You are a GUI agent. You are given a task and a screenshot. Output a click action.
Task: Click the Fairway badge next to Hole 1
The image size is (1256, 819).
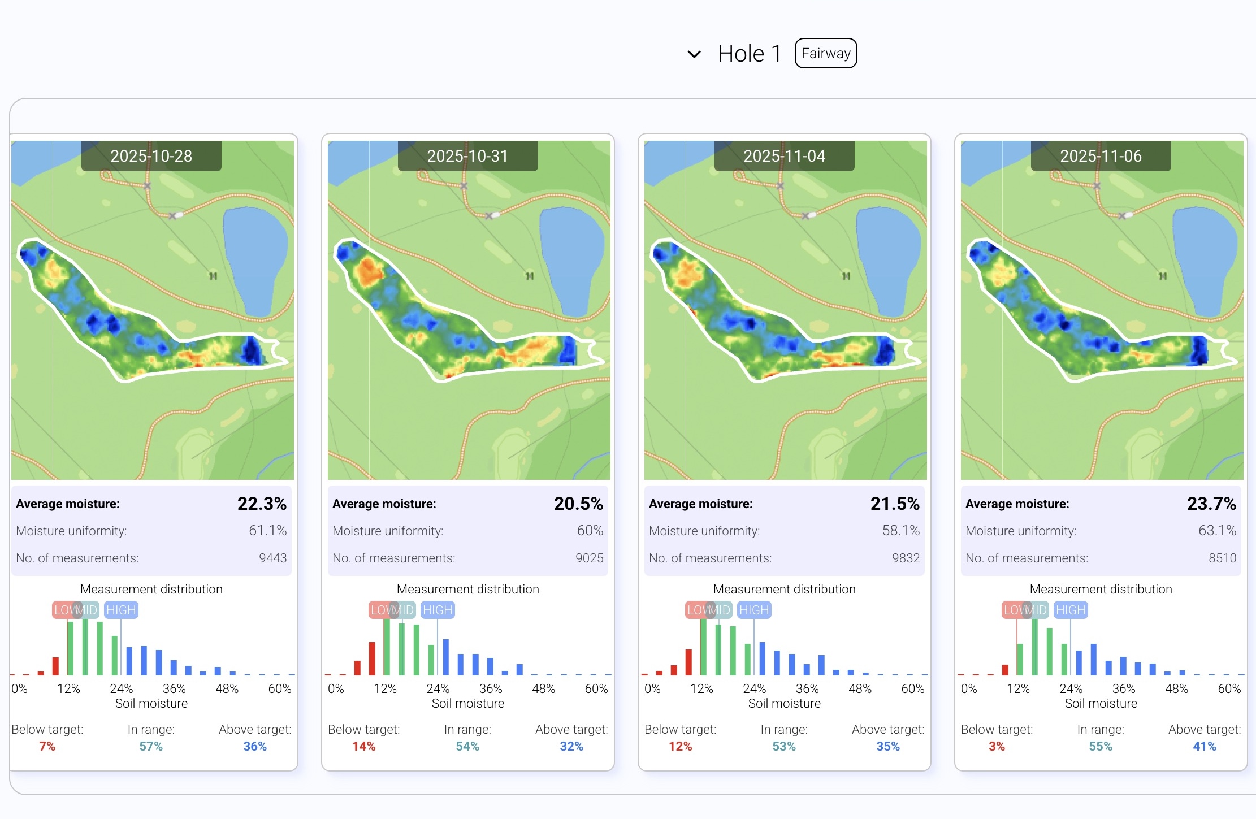[x=826, y=53]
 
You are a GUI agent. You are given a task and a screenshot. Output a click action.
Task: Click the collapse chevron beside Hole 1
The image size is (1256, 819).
[x=694, y=54]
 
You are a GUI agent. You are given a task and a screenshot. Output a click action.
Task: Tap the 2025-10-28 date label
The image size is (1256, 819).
[x=151, y=156]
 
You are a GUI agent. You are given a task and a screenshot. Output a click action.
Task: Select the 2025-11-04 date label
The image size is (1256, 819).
[x=785, y=156]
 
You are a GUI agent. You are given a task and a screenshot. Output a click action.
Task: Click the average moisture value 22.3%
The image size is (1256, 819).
[x=262, y=504]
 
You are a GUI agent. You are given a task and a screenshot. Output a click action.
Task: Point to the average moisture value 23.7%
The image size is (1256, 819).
[x=1211, y=504]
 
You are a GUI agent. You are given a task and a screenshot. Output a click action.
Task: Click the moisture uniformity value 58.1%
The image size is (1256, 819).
[x=901, y=531]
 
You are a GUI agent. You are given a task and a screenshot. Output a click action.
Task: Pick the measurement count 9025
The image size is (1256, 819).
[x=590, y=558]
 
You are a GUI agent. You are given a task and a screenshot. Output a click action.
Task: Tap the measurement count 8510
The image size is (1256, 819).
[x=1223, y=558]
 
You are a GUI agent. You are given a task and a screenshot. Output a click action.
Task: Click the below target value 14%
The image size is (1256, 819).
[x=364, y=747]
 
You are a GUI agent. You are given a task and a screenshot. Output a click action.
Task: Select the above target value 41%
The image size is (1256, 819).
[x=1205, y=747]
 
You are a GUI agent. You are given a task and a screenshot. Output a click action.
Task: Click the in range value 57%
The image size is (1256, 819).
[x=151, y=747]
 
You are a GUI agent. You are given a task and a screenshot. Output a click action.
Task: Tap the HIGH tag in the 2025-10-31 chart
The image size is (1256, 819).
[x=438, y=610]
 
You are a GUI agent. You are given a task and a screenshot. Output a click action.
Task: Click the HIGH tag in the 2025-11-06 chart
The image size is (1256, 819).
[x=1071, y=610]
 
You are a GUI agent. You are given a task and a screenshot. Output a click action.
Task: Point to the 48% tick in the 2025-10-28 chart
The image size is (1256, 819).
[x=227, y=688]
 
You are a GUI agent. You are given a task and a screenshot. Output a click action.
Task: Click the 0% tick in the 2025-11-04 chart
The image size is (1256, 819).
[x=652, y=688]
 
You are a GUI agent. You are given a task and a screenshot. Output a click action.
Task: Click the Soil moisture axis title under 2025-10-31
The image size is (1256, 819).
[x=468, y=703]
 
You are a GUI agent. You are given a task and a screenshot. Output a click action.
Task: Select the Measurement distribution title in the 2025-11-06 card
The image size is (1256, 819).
[x=1101, y=589]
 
